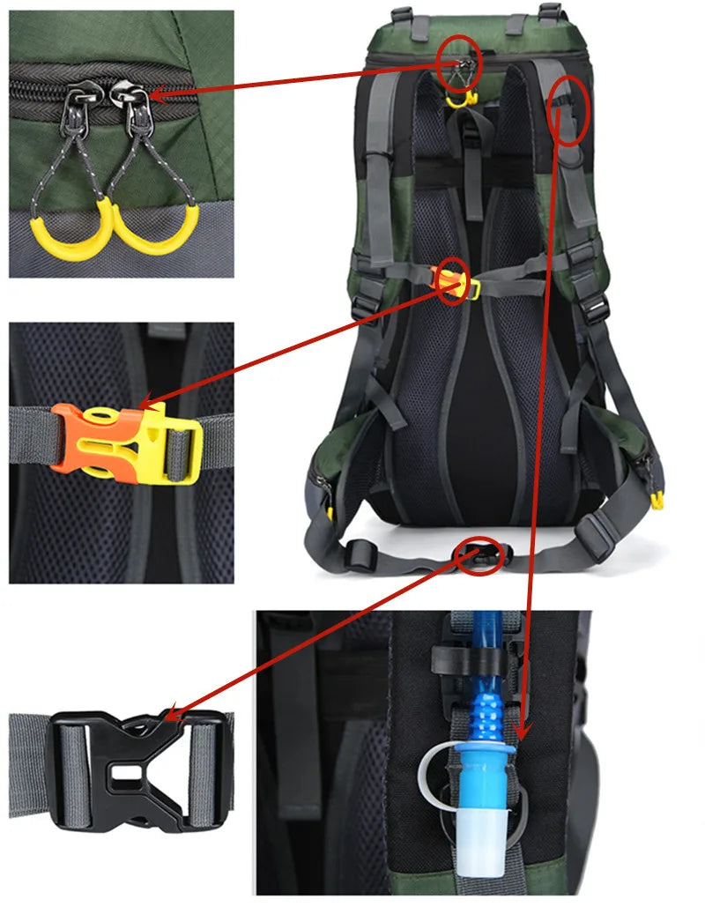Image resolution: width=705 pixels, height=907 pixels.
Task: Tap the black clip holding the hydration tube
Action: pos(458,656)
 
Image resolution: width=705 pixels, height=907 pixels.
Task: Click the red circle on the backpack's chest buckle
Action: pos(453,280)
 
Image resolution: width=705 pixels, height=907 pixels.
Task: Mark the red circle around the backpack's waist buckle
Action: pos(480,555)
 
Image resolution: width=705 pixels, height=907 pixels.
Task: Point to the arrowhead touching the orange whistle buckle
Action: pos(149,401)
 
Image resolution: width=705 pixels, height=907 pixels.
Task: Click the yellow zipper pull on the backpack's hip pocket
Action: pos(657,501)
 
